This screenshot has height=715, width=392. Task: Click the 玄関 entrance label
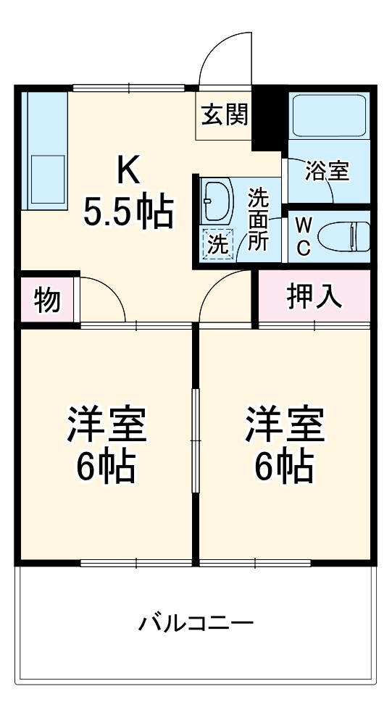coord(225,114)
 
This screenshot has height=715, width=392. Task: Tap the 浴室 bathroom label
coord(327,172)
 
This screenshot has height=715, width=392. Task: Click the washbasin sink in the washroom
coord(216,199)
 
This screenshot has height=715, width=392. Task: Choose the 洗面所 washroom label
coord(258,219)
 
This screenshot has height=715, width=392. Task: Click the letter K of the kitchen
coord(128,172)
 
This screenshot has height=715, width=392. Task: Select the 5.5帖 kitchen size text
coord(128,212)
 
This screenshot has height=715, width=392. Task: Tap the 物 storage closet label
coord(47,299)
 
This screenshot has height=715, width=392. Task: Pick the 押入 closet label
coord(314,297)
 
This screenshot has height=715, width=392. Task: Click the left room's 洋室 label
coord(107,425)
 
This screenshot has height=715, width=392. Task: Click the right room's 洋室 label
coord(284,425)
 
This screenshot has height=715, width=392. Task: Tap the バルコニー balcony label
coord(196,622)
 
